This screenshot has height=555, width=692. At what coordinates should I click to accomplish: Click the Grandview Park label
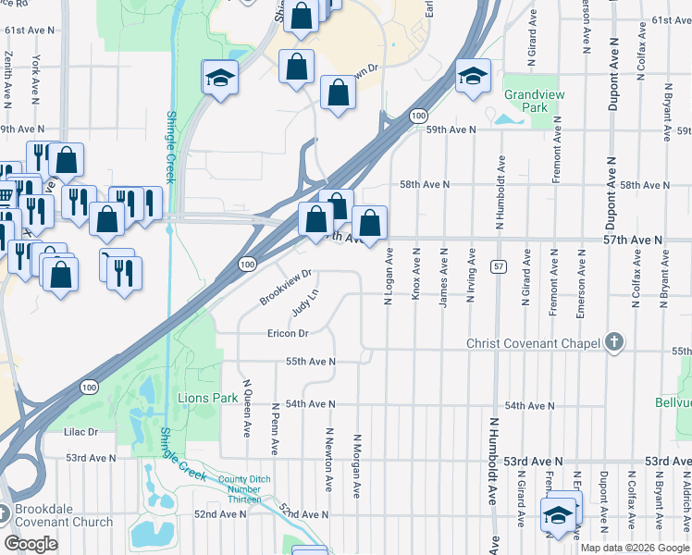coord(525,101)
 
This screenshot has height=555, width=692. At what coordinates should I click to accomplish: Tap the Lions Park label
coord(203,398)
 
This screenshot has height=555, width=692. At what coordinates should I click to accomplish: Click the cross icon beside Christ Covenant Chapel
coord(613,343)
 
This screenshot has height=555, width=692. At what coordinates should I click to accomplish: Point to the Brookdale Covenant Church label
coord(63,515)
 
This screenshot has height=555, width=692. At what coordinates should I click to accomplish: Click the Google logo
coord(31,543)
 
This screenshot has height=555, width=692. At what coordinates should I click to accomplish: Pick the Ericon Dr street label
coord(287,333)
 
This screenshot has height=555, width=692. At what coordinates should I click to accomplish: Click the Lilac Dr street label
coord(80,432)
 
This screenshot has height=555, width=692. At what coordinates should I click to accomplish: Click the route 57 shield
coord(498,266)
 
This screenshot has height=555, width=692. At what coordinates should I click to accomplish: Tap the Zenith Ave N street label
coord(8,74)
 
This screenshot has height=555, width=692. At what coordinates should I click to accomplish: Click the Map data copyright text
coord(635,548)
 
